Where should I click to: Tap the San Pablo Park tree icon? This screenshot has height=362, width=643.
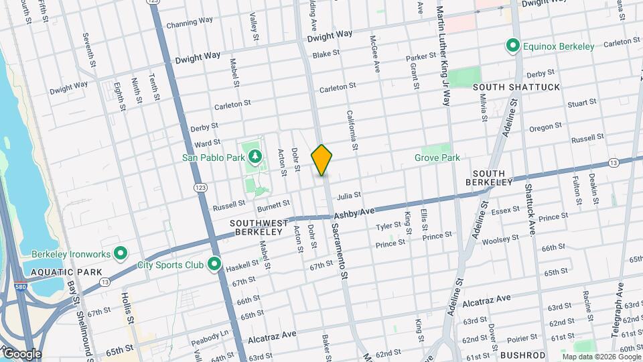[x=255, y=158]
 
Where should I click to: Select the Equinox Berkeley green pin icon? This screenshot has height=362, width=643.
[x=513, y=46]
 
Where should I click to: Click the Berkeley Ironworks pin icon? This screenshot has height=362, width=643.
[x=121, y=253]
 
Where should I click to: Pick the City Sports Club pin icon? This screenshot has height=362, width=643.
[x=214, y=265]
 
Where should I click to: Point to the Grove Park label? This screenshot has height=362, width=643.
[x=437, y=158]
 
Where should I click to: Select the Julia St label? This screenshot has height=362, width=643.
[x=349, y=196]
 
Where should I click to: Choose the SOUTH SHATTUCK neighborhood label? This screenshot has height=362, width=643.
[x=507, y=87]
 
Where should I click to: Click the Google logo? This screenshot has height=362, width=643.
[x=22, y=353]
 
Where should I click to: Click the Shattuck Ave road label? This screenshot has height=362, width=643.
[x=529, y=210]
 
